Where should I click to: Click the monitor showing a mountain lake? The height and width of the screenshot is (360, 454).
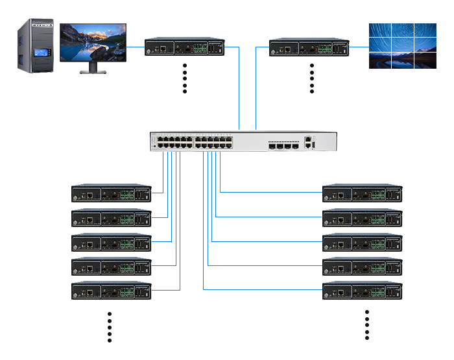point(93,42)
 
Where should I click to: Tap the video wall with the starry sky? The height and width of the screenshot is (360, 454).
point(403,45)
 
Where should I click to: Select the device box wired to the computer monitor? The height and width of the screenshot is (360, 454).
point(184,47)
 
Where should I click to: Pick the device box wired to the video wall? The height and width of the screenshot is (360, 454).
point(309,47)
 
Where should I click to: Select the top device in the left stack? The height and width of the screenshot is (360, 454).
point(111,193)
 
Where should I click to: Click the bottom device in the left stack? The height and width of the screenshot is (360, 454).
point(111,290)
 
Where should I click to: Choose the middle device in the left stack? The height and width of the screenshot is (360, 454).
point(111,242)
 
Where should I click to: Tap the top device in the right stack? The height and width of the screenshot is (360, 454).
point(363,193)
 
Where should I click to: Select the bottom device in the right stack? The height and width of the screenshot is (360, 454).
point(363,290)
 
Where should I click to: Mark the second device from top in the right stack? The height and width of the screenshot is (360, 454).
point(363,217)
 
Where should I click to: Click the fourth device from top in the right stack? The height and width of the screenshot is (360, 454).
point(363,266)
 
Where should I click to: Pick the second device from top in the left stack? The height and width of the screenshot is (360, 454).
point(111,217)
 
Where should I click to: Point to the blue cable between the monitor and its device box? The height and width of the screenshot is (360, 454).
point(136,47)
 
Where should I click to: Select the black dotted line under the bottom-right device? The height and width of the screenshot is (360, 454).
point(366,325)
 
